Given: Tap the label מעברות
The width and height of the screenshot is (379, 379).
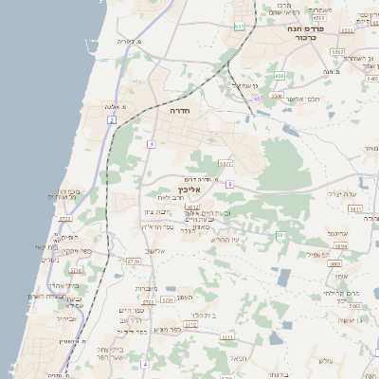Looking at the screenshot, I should click(147, 288).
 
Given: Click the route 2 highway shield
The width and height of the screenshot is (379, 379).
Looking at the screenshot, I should click(111, 120).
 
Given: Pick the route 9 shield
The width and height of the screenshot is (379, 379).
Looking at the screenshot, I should click(229, 184).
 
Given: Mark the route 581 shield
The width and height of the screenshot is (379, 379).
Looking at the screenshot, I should click(280, 234).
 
